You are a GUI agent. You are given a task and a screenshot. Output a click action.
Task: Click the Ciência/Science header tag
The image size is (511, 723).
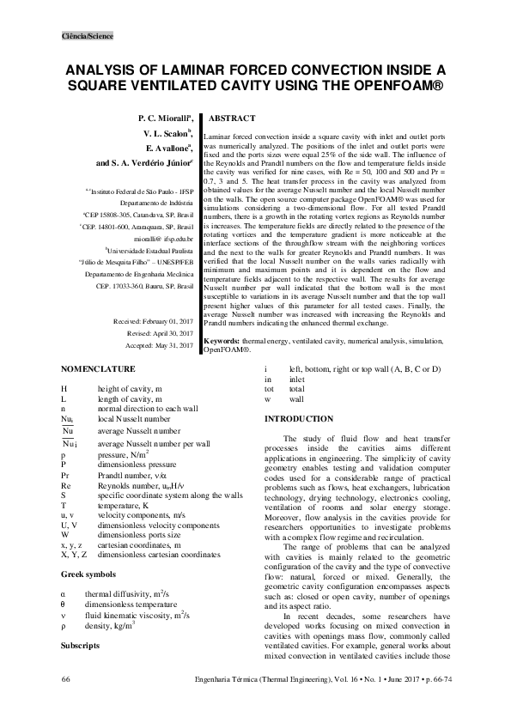[x=87, y=36]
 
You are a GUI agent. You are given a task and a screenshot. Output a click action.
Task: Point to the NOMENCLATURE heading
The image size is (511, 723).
[x=98, y=369]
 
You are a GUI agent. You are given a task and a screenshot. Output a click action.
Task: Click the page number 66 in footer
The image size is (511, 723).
[x=65, y=704]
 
